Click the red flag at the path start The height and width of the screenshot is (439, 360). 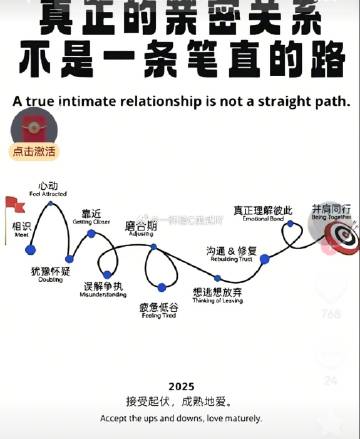click(x=13, y=205)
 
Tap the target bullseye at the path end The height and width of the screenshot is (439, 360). click(x=341, y=236)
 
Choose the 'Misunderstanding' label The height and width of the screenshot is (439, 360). click(x=104, y=295)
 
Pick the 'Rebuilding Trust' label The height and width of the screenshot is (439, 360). click(x=232, y=257)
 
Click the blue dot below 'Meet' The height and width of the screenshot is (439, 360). click(x=30, y=249)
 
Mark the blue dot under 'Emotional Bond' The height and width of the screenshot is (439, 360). click(x=290, y=224)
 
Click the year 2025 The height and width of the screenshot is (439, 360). click(x=181, y=386)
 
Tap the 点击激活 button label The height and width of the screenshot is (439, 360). click(x=34, y=152)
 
